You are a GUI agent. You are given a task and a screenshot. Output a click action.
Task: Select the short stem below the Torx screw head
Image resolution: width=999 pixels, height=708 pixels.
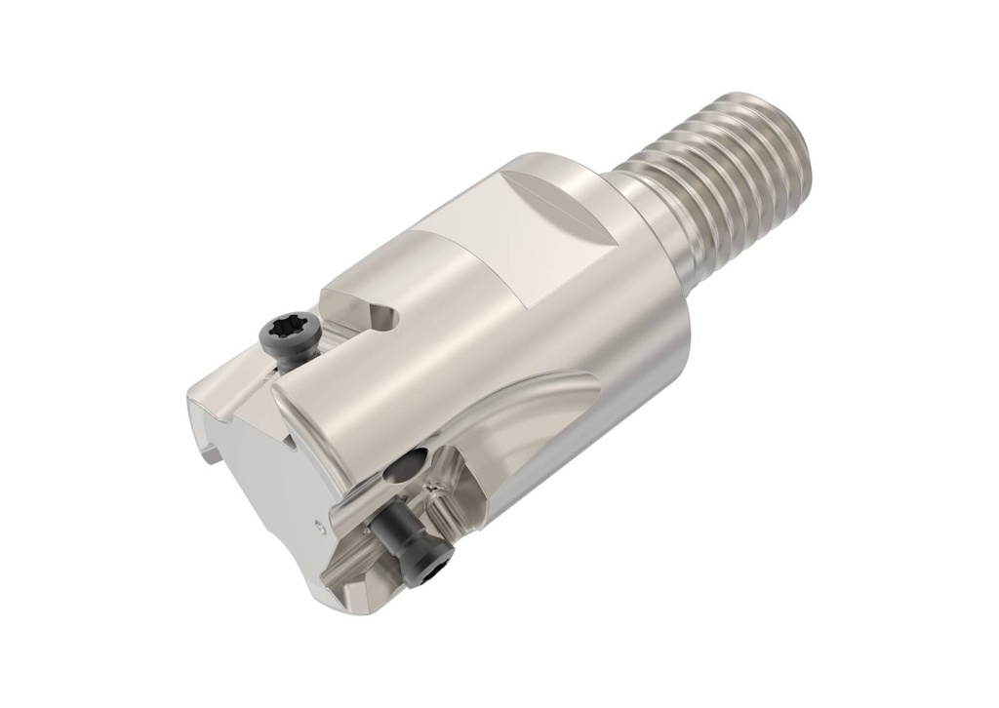(285, 361)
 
